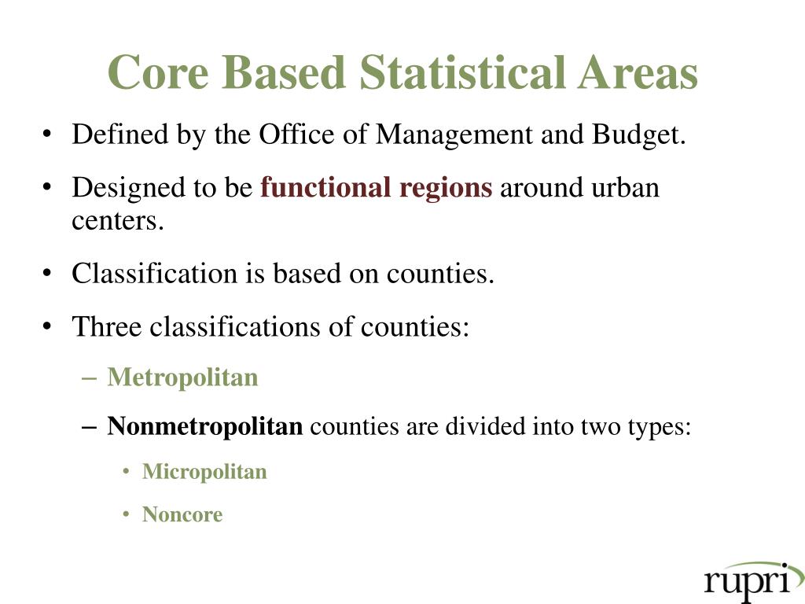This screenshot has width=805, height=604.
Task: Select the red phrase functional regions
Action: tap(377, 189)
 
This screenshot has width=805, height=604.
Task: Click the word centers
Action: tap(118, 221)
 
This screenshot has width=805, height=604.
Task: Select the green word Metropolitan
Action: tap(182, 377)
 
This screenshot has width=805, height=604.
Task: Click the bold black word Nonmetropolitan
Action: tap(204, 427)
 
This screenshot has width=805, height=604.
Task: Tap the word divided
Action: tap(487, 427)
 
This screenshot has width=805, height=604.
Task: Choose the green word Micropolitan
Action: tap(204, 472)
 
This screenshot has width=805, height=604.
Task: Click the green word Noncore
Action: tap(182, 515)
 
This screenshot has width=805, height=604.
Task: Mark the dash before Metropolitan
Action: tap(89, 378)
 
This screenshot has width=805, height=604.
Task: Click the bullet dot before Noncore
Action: tap(127, 516)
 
